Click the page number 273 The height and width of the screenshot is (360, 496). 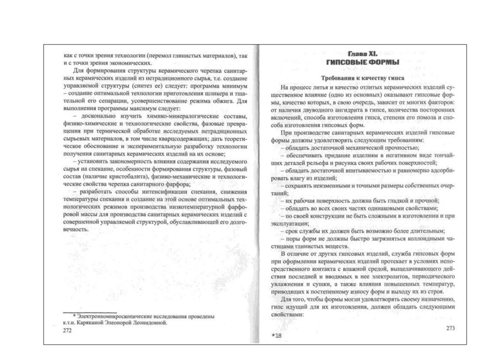[450, 328]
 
